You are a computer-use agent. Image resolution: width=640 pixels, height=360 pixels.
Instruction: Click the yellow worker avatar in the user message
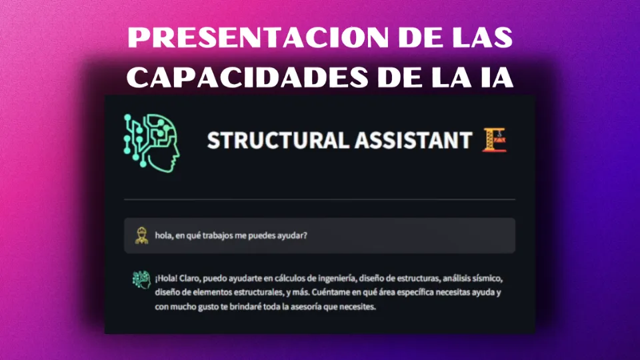click(x=141, y=235)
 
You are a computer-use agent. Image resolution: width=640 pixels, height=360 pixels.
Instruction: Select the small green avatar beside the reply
click(x=140, y=279)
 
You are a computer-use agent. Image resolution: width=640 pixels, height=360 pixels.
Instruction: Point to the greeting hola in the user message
click(x=163, y=235)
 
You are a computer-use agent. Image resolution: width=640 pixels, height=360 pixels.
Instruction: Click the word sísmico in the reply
click(x=492, y=278)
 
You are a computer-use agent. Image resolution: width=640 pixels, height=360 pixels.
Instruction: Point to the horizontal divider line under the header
click(x=320, y=199)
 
